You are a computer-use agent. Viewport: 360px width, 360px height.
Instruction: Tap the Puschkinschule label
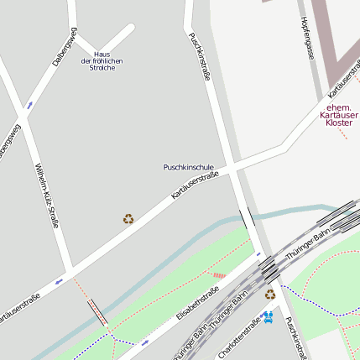tap(189, 168)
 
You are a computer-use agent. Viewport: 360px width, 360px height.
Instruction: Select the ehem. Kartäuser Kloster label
tap(339, 115)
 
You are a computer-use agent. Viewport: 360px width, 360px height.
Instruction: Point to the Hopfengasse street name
tap(307, 39)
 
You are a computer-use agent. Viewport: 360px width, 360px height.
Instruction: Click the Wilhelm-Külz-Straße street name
tap(46, 196)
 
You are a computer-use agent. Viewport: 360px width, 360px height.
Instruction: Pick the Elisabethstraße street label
tap(198, 304)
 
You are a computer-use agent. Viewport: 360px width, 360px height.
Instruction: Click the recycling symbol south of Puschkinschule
tap(128, 219)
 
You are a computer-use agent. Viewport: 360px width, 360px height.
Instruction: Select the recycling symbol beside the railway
tap(269, 294)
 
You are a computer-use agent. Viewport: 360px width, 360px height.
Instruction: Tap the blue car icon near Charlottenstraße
tap(268, 316)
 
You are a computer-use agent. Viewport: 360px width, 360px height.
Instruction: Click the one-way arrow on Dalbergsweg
tap(30, 105)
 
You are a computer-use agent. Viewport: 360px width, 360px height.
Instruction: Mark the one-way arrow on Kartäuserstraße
tap(58, 281)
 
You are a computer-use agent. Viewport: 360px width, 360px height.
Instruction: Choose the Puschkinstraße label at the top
tap(199, 56)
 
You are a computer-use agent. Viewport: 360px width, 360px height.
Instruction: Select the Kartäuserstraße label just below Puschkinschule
tap(195, 185)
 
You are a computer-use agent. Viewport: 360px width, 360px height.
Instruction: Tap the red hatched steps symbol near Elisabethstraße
tap(219, 274)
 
